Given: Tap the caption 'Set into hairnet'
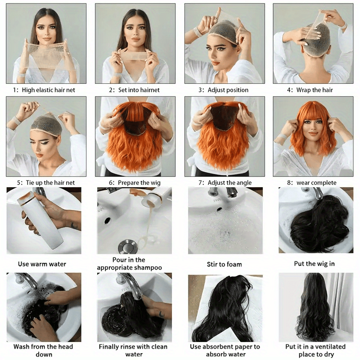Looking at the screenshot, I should [x=138, y=90].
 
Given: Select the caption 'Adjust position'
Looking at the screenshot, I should [x=228, y=90].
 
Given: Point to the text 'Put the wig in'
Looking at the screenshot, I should [x=314, y=264].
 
